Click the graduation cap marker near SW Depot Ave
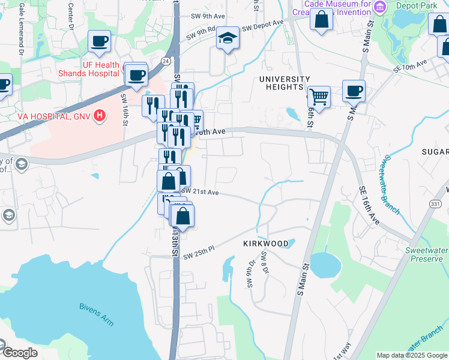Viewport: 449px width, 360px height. [x=228, y=38]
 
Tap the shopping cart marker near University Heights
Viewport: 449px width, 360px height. [x=319, y=96]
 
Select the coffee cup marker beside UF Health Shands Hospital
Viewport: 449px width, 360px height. [x=137, y=75]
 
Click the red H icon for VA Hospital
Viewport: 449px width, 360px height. [x=100, y=115]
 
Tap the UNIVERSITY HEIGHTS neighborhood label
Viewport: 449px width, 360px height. [x=285, y=83]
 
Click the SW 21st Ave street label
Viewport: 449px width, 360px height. [x=200, y=191]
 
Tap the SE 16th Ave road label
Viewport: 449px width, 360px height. [x=370, y=205]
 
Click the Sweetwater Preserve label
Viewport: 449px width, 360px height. [x=426, y=254]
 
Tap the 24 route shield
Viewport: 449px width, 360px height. [x=166, y=61]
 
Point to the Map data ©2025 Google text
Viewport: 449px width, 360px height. [x=412, y=355]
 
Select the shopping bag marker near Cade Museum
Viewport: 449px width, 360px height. [x=322, y=18]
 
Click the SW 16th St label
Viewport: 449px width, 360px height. [x=125, y=110]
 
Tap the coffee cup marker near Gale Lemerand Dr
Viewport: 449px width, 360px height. [x=99, y=41]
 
